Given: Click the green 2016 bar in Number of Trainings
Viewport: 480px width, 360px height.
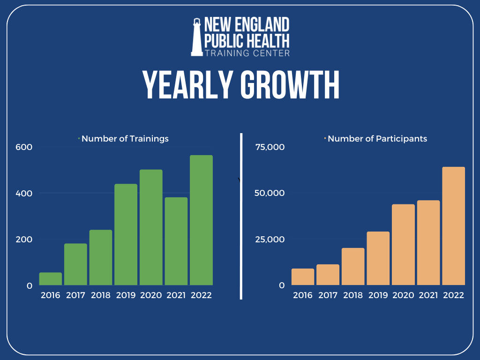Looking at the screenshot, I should tap(51, 279).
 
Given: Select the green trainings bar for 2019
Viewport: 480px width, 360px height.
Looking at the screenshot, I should tap(126, 234).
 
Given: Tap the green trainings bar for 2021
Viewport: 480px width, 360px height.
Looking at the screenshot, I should tap(176, 241).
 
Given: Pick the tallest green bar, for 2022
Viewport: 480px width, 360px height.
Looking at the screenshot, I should tap(201, 220).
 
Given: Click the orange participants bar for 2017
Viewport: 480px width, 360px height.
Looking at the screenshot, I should tap(328, 275).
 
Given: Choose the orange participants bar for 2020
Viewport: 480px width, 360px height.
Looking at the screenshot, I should tap(403, 245).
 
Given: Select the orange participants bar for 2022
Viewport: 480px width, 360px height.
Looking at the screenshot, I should tap(453, 226).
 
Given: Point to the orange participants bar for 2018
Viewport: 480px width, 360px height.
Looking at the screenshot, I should tap(353, 266).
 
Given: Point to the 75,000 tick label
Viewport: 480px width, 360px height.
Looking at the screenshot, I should tap(270, 147).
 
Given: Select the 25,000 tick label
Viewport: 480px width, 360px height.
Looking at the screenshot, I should tap(270, 240).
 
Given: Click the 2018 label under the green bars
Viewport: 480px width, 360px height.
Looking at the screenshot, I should tap(101, 295).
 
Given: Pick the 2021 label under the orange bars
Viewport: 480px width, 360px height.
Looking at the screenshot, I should tap(428, 295).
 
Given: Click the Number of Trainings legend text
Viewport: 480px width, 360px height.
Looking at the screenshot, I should tap(125, 139).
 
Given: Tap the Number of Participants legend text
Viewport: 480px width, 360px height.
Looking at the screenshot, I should tap(377, 139).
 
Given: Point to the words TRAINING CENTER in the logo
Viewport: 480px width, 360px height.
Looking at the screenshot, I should tap(247, 53).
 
